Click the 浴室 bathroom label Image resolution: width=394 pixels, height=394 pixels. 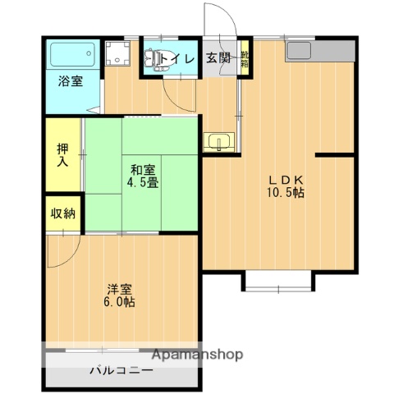pyautogui.click(x=69, y=81)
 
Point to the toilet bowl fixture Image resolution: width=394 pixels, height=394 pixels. pyautogui.click(x=153, y=59)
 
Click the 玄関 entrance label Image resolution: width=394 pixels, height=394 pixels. pyautogui.click(x=218, y=58)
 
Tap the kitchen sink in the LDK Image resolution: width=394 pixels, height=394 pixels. pyautogui.click(x=297, y=51)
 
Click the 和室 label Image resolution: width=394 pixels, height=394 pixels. pyautogui.click(x=137, y=169)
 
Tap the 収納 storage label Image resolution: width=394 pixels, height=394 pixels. pyautogui.click(x=63, y=214)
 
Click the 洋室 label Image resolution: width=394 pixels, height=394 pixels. pyautogui.click(x=120, y=288)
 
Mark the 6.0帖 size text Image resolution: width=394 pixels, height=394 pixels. pyautogui.click(x=120, y=302)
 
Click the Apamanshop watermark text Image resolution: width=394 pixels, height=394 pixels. pyautogui.click(x=196, y=355)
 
